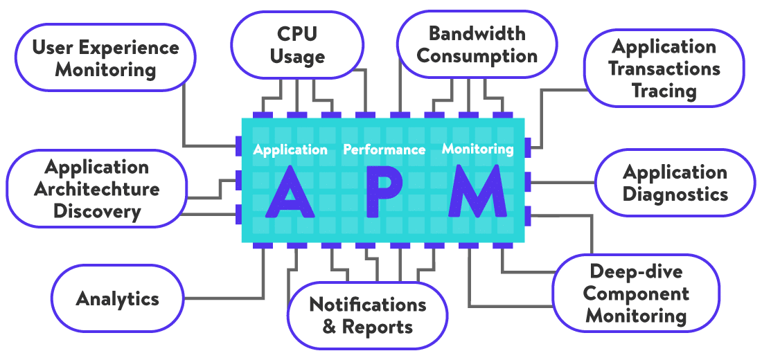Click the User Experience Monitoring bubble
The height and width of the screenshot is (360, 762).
tap(105, 58)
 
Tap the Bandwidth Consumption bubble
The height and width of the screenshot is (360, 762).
tap(477, 44)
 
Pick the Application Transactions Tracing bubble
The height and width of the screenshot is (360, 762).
tap(664, 69)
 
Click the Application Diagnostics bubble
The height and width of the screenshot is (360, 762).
tap(675, 183)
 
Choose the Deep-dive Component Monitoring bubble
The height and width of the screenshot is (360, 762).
tap(635, 294)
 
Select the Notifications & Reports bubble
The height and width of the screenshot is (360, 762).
tap(367, 315)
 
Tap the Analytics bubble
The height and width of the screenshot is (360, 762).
tap(118, 299)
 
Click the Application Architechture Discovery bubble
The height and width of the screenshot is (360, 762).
tap(97, 189)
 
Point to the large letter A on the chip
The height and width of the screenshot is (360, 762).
tap(291, 192)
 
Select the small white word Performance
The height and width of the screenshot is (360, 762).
tap(384, 150)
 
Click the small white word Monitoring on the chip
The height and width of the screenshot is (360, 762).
tap(478, 149)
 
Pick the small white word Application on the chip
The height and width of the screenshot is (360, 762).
tap(290, 150)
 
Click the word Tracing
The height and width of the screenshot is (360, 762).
tap(664, 91)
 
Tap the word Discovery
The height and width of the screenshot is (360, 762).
tap(97, 211)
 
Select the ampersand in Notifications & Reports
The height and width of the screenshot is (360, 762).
tap(330, 327)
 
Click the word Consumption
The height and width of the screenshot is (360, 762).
tap(477, 56)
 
